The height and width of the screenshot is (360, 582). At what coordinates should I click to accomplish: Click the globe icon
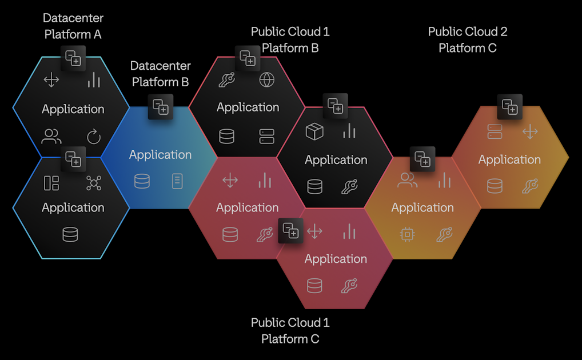(x=267, y=80)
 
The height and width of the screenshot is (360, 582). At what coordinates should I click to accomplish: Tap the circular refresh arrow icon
(x=94, y=137)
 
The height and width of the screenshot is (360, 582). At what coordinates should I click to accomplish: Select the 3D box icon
(x=314, y=131)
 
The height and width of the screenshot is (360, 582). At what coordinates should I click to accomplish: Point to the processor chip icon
(x=407, y=234)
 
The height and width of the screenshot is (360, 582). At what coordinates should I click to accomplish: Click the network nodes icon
(x=94, y=183)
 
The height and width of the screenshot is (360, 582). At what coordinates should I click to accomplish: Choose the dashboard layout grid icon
(x=51, y=183)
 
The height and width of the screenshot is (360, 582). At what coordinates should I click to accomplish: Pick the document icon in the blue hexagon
(x=178, y=181)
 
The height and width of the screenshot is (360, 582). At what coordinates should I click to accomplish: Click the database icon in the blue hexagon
(x=142, y=181)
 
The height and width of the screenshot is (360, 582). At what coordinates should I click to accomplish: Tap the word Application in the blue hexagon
(x=161, y=155)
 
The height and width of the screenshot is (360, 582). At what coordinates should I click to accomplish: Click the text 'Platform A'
(x=73, y=34)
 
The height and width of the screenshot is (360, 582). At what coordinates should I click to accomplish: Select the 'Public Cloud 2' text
(x=468, y=31)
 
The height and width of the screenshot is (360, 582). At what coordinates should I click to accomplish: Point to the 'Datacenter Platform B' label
(x=161, y=74)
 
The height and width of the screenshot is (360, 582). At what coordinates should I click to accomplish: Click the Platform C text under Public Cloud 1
(x=290, y=339)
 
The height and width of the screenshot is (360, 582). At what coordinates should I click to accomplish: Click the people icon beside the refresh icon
(x=51, y=137)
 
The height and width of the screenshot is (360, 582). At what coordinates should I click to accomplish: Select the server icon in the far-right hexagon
(x=495, y=132)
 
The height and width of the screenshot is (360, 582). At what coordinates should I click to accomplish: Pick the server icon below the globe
(x=267, y=137)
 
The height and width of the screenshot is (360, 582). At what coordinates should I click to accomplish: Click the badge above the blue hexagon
(x=161, y=107)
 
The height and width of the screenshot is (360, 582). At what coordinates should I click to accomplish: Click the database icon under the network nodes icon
(x=70, y=234)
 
